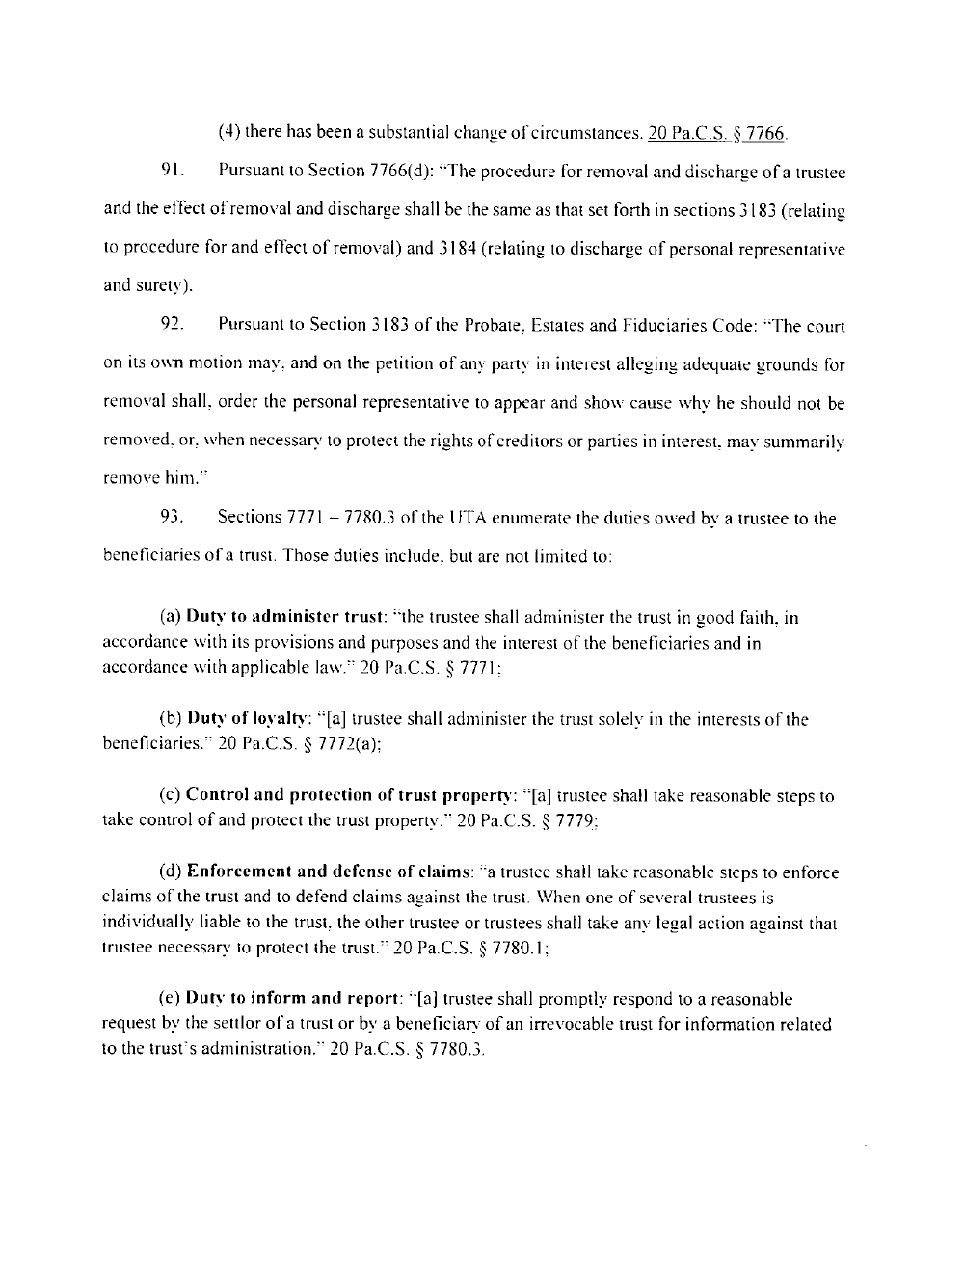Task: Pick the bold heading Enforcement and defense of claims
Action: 327,872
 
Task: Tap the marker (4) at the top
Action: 229,133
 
